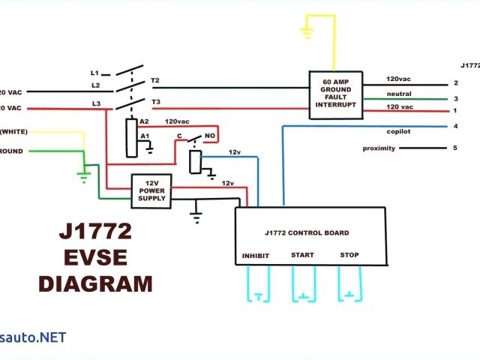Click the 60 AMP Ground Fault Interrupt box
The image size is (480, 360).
(x=335, y=94)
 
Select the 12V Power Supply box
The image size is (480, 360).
(x=151, y=190)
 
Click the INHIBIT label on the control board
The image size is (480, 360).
(x=255, y=256)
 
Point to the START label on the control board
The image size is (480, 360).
(x=302, y=255)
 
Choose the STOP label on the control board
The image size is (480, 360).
(x=349, y=255)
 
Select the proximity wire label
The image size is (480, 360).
(x=379, y=148)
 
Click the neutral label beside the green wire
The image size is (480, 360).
(x=398, y=94)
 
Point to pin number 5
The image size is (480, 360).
(x=454, y=148)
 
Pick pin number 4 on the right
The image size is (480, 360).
(x=454, y=125)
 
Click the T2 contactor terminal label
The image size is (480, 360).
(x=155, y=79)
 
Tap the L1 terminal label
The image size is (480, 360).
(x=94, y=73)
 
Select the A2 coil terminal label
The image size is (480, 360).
(x=145, y=121)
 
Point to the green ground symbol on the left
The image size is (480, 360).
(x=84, y=176)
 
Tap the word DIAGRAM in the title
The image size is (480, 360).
(x=95, y=284)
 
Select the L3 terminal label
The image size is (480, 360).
(x=95, y=103)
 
